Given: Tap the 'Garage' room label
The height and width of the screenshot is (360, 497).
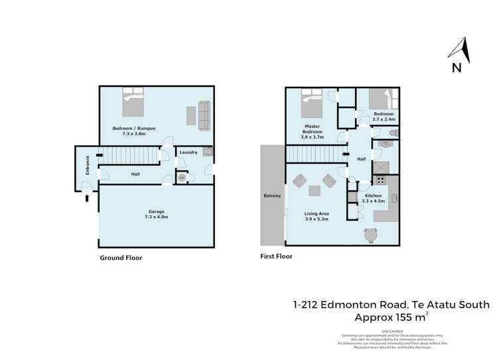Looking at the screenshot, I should [157, 211].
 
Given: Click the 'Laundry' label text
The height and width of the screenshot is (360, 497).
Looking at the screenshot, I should [188, 152].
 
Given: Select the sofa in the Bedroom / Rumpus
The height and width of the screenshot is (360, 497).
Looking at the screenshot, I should [204, 116].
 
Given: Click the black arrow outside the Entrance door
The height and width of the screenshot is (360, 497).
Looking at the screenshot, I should [86, 197].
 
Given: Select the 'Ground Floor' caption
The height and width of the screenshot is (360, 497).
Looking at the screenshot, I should [121, 258].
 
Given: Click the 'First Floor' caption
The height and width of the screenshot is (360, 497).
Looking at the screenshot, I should [276, 256].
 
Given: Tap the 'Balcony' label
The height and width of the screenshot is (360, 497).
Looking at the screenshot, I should [272, 196].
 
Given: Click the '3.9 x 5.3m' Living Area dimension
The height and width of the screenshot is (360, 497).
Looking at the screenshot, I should [317, 219].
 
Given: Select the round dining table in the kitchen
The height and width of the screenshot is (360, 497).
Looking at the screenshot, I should [370, 234].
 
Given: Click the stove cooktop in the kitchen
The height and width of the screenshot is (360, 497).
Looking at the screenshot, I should [382, 180].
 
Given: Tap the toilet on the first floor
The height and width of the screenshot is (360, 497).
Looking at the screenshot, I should [392, 133].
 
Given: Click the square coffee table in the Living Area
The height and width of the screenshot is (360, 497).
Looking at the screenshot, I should [314, 191].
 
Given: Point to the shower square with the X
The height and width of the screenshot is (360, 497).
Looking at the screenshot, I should [382, 166].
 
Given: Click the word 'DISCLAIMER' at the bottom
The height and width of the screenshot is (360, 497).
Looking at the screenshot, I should [392, 331].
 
